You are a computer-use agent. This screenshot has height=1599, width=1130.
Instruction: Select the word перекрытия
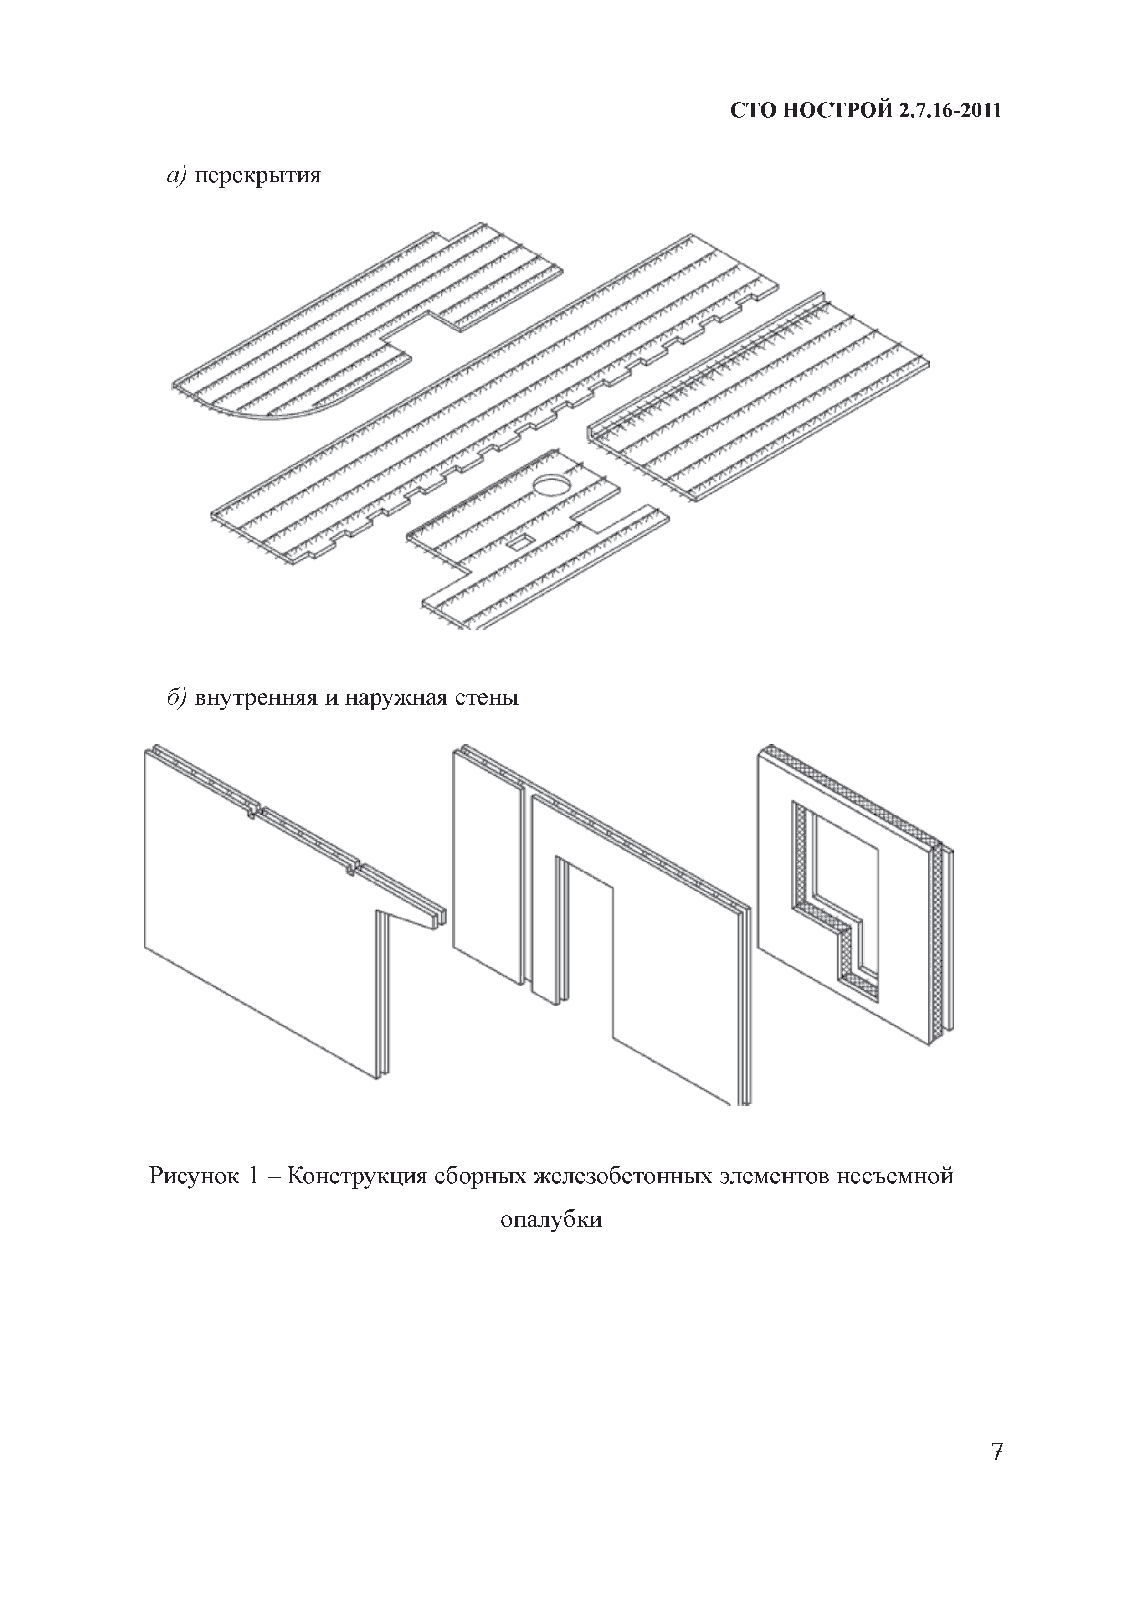click(257, 176)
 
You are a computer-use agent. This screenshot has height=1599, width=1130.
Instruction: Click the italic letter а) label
click(175, 176)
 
